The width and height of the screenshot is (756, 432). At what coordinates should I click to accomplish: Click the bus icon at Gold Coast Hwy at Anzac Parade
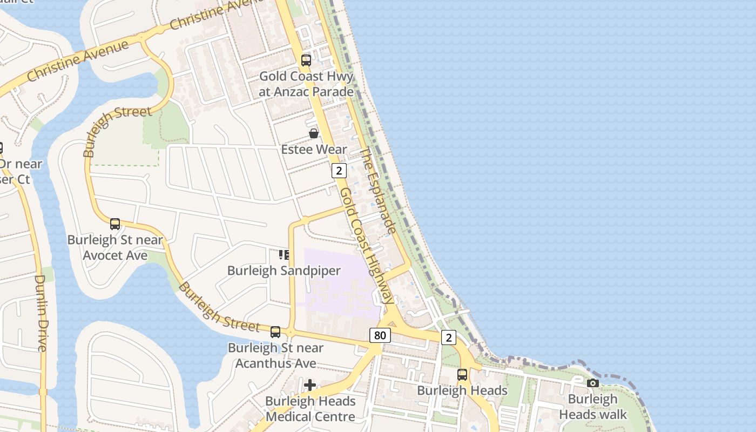(306, 60)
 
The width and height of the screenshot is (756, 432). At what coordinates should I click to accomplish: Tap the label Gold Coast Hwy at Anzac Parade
(306, 84)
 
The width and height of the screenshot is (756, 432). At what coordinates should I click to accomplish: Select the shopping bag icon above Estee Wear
(314, 133)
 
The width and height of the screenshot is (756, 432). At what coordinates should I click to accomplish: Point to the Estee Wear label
(314, 149)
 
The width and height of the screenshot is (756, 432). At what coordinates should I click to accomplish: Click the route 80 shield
(380, 335)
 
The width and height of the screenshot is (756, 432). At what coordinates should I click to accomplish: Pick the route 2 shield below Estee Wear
(339, 171)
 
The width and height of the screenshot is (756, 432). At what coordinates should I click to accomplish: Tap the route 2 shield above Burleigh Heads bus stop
(448, 337)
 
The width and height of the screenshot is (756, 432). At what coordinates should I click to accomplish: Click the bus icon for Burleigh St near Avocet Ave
(115, 224)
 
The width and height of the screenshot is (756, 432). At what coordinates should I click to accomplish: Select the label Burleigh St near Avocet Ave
(115, 247)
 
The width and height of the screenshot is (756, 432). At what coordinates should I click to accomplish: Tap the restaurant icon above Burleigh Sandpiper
(284, 254)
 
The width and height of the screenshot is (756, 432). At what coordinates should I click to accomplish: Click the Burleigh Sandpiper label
(284, 271)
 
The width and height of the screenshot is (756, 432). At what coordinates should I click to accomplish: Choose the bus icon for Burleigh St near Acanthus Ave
(275, 332)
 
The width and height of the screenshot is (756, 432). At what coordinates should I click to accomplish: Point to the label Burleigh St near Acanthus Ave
(275, 355)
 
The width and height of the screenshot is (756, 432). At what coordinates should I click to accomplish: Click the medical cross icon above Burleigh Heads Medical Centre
(310, 385)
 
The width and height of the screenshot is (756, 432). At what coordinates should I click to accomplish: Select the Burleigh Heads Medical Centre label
(310, 409)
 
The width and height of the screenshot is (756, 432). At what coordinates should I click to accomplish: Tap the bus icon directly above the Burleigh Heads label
(462, 375)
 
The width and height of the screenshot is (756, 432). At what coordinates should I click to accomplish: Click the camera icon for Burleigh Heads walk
(593, 383)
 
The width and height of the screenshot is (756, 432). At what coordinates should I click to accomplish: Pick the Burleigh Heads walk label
(593, 407)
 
